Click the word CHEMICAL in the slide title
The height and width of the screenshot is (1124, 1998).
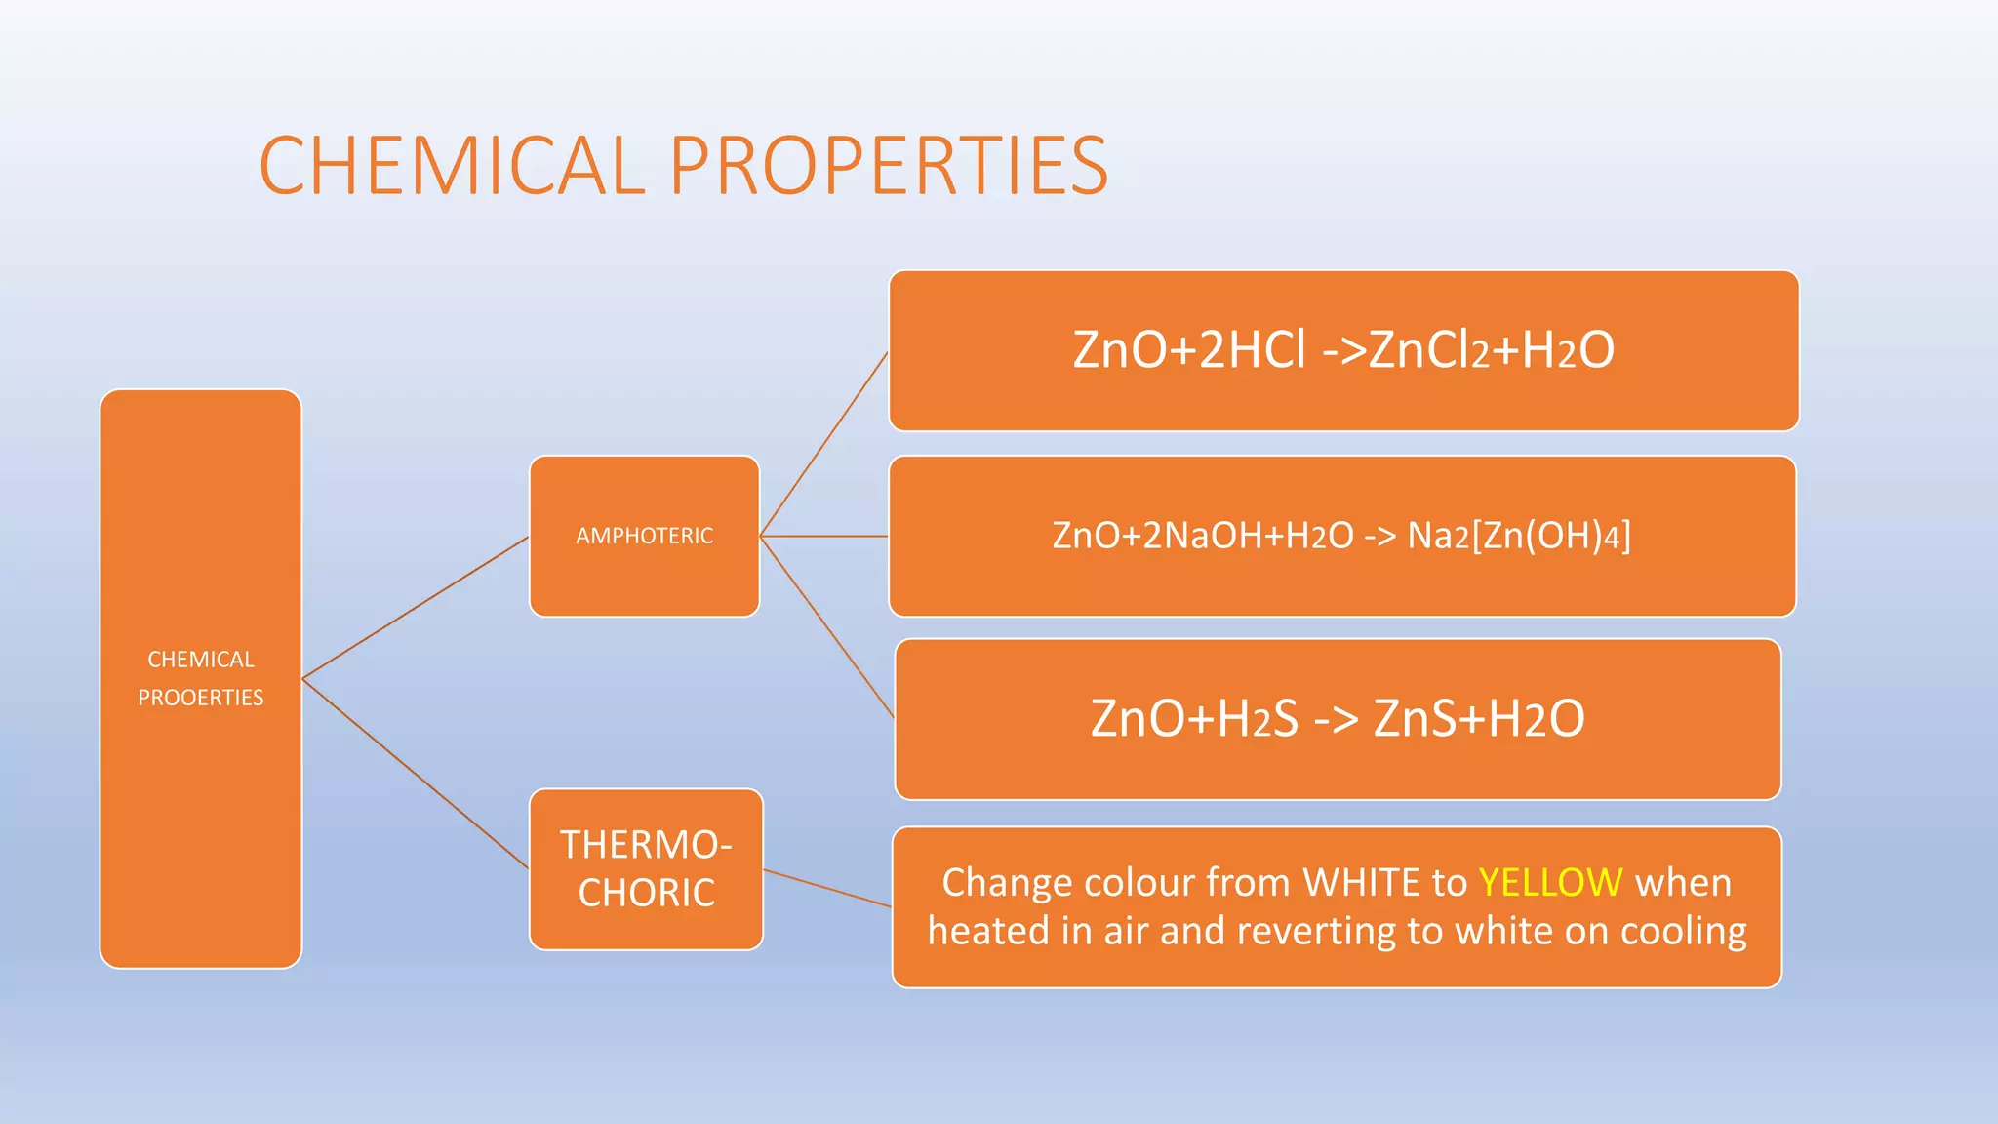tap(452, 166)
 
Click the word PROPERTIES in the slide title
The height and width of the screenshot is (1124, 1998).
tap(889, 166)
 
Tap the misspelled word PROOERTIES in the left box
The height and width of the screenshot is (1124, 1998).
tap(200, 698)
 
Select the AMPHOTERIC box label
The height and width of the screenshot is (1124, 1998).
tap(644, 536)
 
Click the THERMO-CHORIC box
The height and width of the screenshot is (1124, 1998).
tap(646, 868)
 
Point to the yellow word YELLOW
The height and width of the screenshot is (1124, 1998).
tap(1550, 882)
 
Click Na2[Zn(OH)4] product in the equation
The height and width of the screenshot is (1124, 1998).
tap(1518, 536)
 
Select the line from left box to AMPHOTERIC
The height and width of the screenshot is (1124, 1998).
tap(415, 607)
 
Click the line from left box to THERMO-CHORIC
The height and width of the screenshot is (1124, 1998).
tap(415, 773)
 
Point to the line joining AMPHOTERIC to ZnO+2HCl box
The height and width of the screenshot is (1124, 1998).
tap(824, 443)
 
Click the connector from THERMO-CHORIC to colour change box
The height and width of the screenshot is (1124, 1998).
tap(827, 888)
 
